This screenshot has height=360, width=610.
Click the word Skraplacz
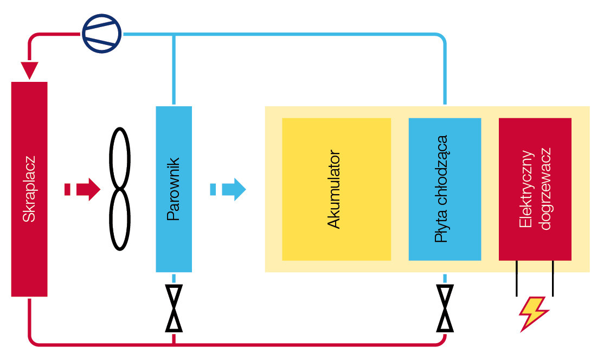29,189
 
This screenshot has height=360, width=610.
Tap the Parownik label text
174,189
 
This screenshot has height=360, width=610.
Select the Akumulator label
334,189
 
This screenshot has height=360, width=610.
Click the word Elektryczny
525,189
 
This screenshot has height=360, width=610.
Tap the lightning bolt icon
534,313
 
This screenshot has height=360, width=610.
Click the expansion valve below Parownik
174,308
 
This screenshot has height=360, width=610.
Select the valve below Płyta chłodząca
445,308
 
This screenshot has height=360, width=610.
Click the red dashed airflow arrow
82,189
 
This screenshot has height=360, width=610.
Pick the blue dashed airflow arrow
228,189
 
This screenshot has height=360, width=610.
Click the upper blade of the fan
120,158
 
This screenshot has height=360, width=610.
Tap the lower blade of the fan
120,220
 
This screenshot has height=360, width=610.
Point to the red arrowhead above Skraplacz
29,70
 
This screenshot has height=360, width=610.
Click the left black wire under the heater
516,278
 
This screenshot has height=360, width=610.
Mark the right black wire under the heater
553,278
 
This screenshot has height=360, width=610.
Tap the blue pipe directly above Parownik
174,70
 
